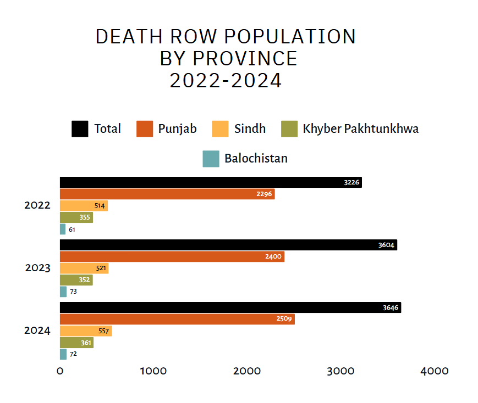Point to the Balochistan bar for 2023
point(63,292)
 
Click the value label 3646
point(391,308)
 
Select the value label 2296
point(264,194)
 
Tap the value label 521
point(101,268)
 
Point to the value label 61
point(72,230)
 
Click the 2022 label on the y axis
point(37,205)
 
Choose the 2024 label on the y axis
point(37,331)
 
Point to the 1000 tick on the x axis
point(153,371)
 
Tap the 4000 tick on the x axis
point(435,371)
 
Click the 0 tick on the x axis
point(60,371)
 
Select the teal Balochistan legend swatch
point(211,159)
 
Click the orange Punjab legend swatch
point(144,129)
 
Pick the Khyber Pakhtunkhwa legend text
point(361,129)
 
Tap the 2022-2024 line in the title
point(226,81)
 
